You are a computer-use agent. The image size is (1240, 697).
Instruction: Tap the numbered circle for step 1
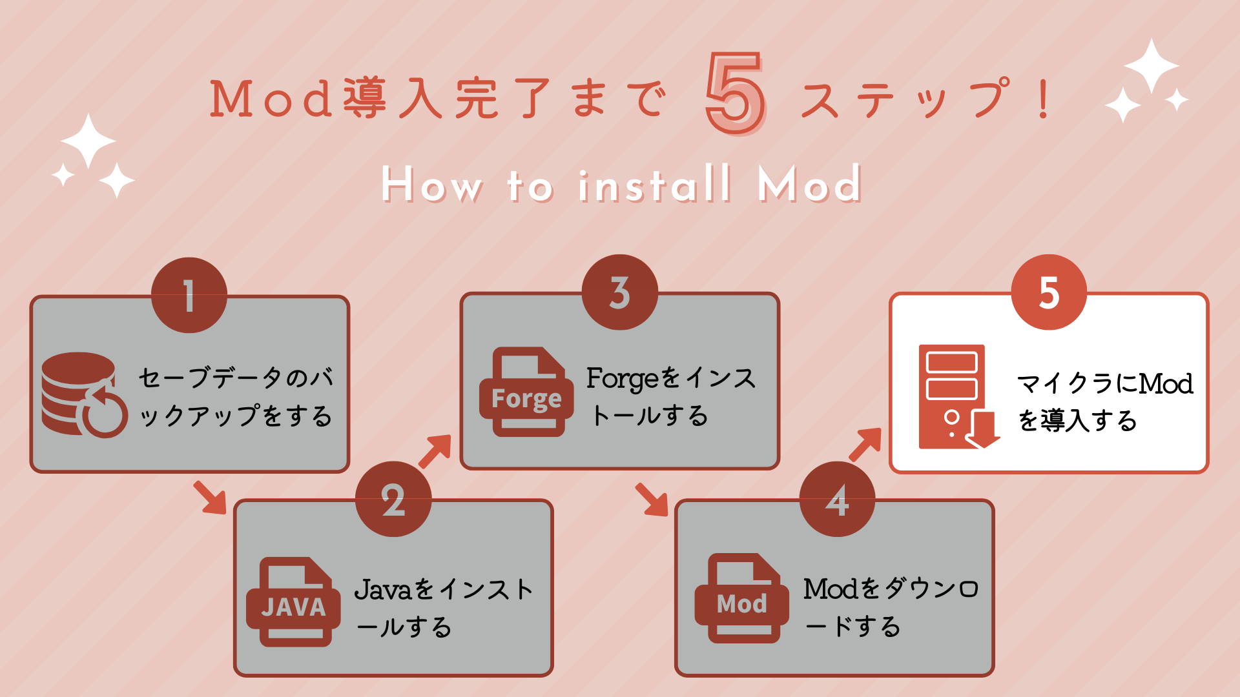[x=189, y=295]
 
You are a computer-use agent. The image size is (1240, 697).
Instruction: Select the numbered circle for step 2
[x=393, y=498]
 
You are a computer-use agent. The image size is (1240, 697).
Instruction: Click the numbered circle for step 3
[x=620, y=292]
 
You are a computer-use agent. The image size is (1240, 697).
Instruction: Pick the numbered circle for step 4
[x=837, y=498]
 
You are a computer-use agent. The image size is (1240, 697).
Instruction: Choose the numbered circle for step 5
[x=1049, y=292]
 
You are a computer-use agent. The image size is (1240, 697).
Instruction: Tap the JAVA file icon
[x=294, y=601]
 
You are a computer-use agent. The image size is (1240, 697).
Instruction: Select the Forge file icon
[x=526, y=392]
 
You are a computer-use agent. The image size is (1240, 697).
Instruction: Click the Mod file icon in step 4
[x=742, y=598]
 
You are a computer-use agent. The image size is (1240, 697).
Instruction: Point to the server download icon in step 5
[x=959, y=396]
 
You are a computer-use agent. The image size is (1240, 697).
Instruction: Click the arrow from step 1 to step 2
[x=210, y=497]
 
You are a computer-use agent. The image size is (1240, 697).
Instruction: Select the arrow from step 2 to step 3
[x=435, y=451]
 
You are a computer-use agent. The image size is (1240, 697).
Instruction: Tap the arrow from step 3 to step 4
[x=651, y=500]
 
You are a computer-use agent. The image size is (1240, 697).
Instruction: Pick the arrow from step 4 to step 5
[x=865, y=445]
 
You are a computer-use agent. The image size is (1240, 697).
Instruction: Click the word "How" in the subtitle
[x=431, y=185]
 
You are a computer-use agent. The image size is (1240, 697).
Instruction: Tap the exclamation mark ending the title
[x=1043, y=98]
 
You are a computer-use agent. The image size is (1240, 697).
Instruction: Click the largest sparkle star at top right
[x=1152, y=66]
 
